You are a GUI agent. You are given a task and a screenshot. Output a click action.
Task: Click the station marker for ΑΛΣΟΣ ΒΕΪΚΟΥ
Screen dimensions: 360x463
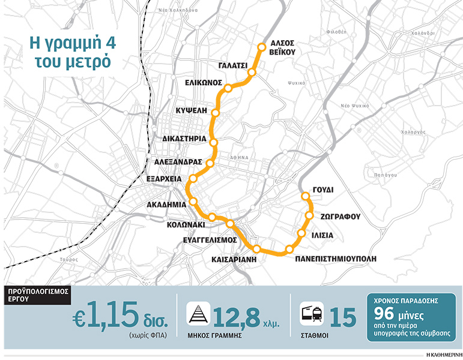point(261,47)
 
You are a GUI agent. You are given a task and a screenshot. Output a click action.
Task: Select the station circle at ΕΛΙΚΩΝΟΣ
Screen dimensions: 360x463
point(228,89)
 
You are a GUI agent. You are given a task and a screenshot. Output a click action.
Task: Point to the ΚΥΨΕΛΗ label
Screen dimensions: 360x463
point(192,110)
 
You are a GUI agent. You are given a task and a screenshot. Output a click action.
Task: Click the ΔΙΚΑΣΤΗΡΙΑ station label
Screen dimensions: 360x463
point(184,138)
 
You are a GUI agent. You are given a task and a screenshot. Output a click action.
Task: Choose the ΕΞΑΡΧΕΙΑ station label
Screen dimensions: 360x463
point(164,178)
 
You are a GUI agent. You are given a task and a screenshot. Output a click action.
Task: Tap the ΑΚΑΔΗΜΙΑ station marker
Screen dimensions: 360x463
point(193,202)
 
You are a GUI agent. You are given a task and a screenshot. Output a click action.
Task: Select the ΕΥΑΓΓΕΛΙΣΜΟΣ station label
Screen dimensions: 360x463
point(210,239)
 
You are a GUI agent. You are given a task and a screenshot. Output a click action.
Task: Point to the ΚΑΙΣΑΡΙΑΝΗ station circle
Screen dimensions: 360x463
point(257,248)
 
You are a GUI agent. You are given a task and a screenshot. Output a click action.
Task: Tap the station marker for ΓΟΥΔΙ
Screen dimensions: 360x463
point(305,196)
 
